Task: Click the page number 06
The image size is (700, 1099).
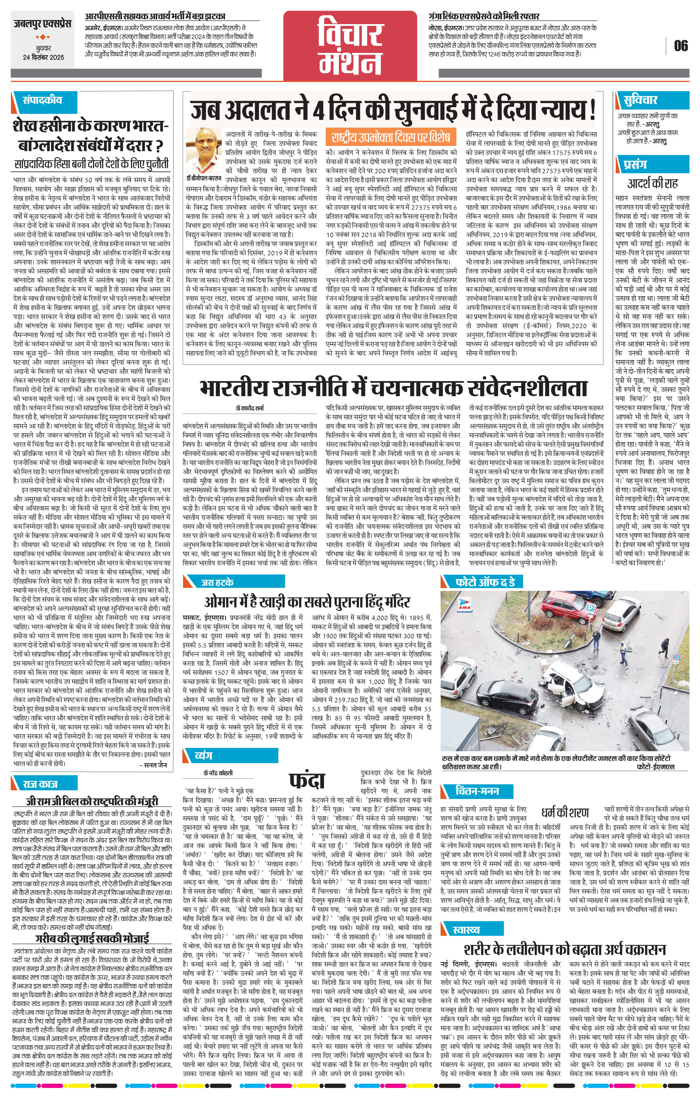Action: pyautogui.click(x=680, y=46)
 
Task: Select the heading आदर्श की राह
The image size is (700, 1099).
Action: pyautogui.click(x=653, y=184)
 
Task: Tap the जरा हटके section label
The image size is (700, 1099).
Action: pyautogui.click(x=217, y=582)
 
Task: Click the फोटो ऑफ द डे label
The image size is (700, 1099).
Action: pyautogui.click(x=485, y=582)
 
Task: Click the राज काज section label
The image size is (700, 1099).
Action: pyautogui.click(x=40, y=784)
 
